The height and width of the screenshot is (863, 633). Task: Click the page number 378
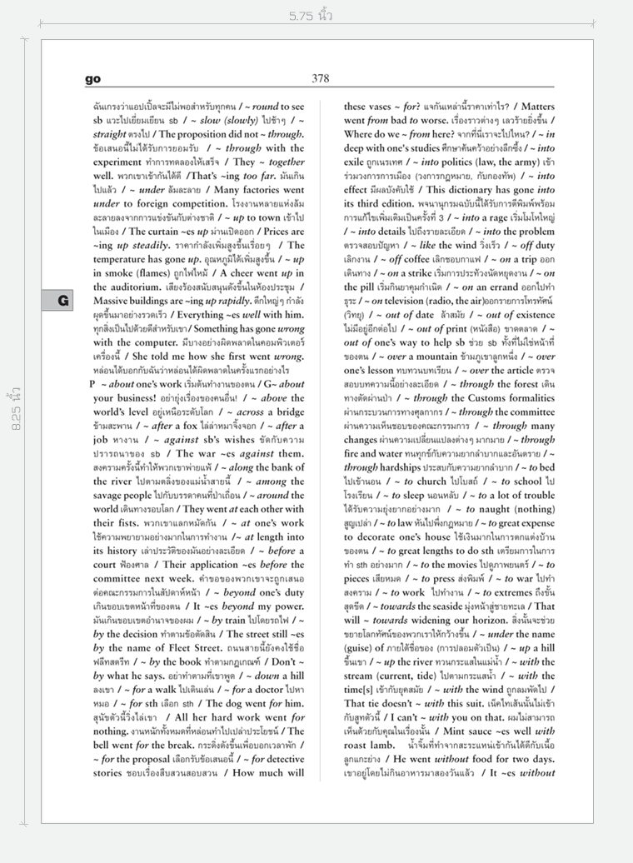tap(321, 78)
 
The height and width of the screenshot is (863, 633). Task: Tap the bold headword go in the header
tap(92, 79)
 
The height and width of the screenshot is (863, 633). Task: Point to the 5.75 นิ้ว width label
tap(312, 16)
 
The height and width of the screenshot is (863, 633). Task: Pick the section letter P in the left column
tap(92, 384)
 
